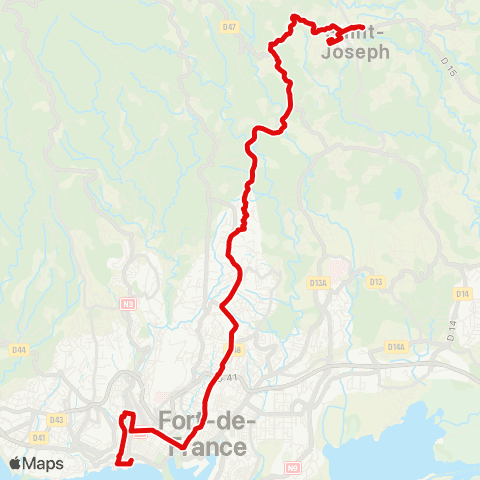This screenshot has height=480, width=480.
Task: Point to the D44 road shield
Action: pos(18,349)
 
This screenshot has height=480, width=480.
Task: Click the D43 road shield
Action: pos(57,419)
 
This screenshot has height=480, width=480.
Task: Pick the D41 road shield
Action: pos(40,437)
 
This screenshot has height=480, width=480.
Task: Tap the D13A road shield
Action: pos(319,284)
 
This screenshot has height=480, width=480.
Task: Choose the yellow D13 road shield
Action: pos(376,282)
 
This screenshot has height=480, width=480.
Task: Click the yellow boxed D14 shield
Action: pos(462,294)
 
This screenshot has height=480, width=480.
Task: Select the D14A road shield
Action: pos(396,347)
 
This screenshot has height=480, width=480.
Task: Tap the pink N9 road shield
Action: pos(293,467)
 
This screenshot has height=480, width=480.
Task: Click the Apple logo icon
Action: pos(17,463)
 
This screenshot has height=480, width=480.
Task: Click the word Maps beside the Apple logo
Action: pos(45,463)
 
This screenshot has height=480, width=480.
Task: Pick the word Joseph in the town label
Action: pos(356,52)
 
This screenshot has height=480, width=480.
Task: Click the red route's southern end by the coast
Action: pos(120,462)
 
